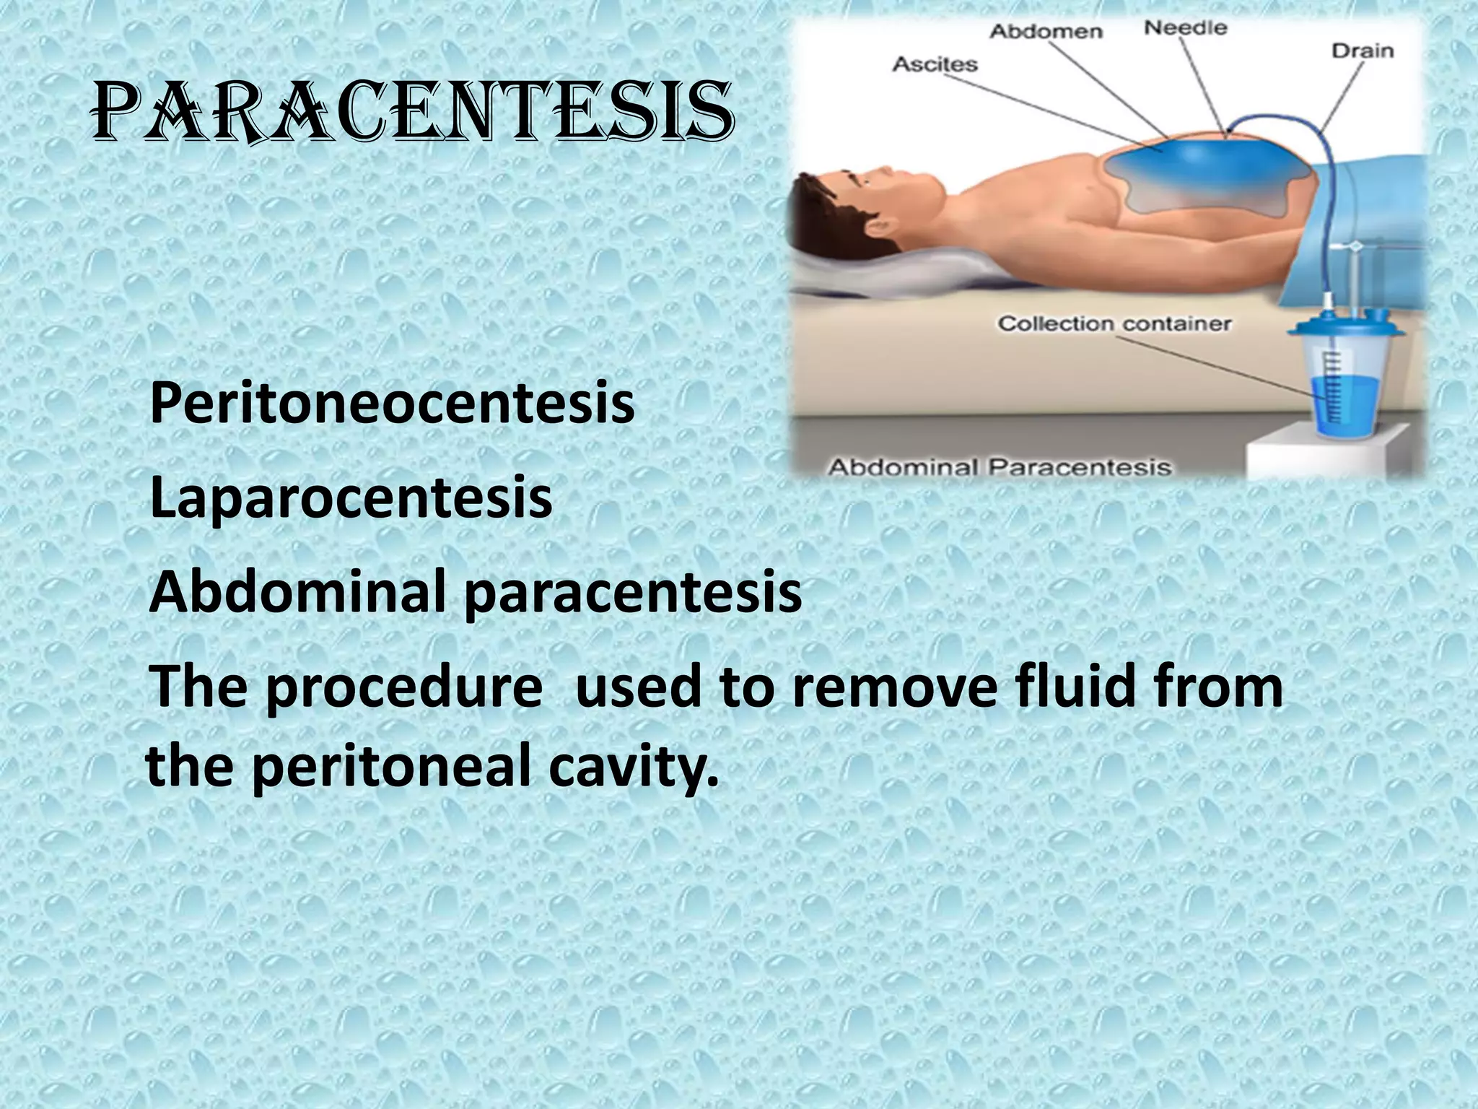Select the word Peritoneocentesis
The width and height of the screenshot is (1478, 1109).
tap(392, 404)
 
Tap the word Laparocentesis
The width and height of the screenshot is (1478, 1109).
tap(351, 497)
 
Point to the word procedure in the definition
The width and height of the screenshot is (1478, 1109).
tap(404, 687)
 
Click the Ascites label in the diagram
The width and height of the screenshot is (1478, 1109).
tap(935, 65)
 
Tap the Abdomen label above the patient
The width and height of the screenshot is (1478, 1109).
tap(1046, 32)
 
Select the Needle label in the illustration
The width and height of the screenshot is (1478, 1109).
tap(1185, 29)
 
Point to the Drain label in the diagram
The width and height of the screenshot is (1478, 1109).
tap(1362, 51)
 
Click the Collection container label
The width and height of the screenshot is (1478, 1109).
tap(1114, 323)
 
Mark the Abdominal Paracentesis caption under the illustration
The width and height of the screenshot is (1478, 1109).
tap(999, 468)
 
